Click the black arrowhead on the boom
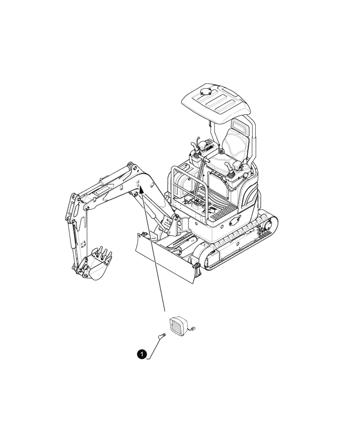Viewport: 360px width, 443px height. tap(141, 190)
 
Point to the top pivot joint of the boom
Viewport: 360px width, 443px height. tap(130, 167)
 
